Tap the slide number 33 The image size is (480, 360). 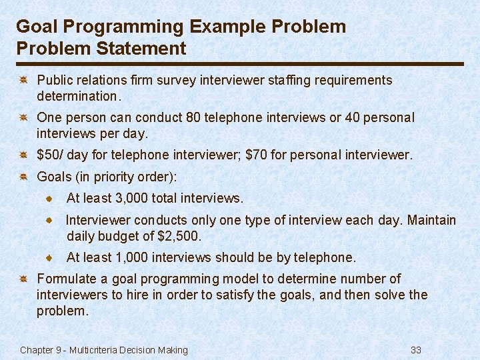(x=417, y=350)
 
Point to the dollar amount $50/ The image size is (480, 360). (x=50, y=155)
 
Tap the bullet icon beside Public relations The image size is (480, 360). (x=22, y=81)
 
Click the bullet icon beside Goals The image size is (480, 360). (x=22, y=177)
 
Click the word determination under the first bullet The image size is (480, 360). (x=76, y=96)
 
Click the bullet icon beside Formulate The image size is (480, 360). (x=22, y=279)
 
